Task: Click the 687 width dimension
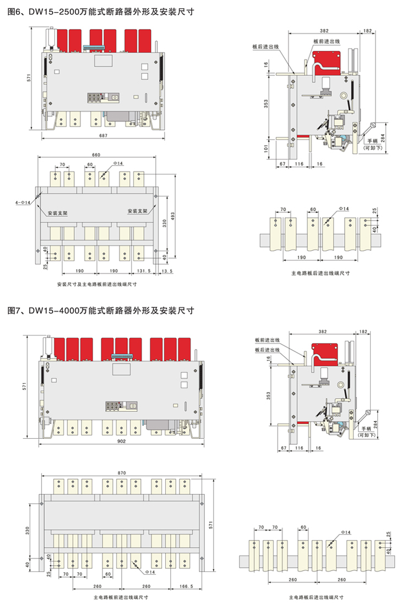point(102,135)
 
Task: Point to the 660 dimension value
point(96,155)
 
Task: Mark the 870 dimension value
point(122,472)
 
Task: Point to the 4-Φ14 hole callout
point(23,203)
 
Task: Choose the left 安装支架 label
point(58,212)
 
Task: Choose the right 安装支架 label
point(137,212)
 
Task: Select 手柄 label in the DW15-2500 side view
point(373,141)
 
